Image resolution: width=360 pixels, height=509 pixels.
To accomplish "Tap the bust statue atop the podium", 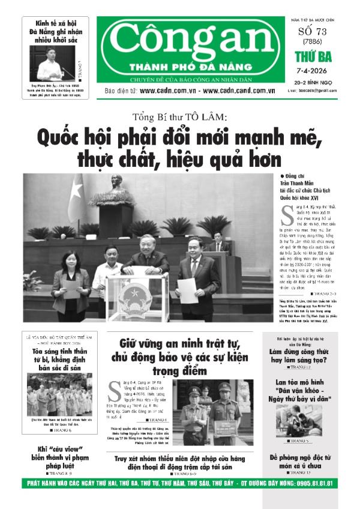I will pyautogui.click(x=117, y=182).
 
